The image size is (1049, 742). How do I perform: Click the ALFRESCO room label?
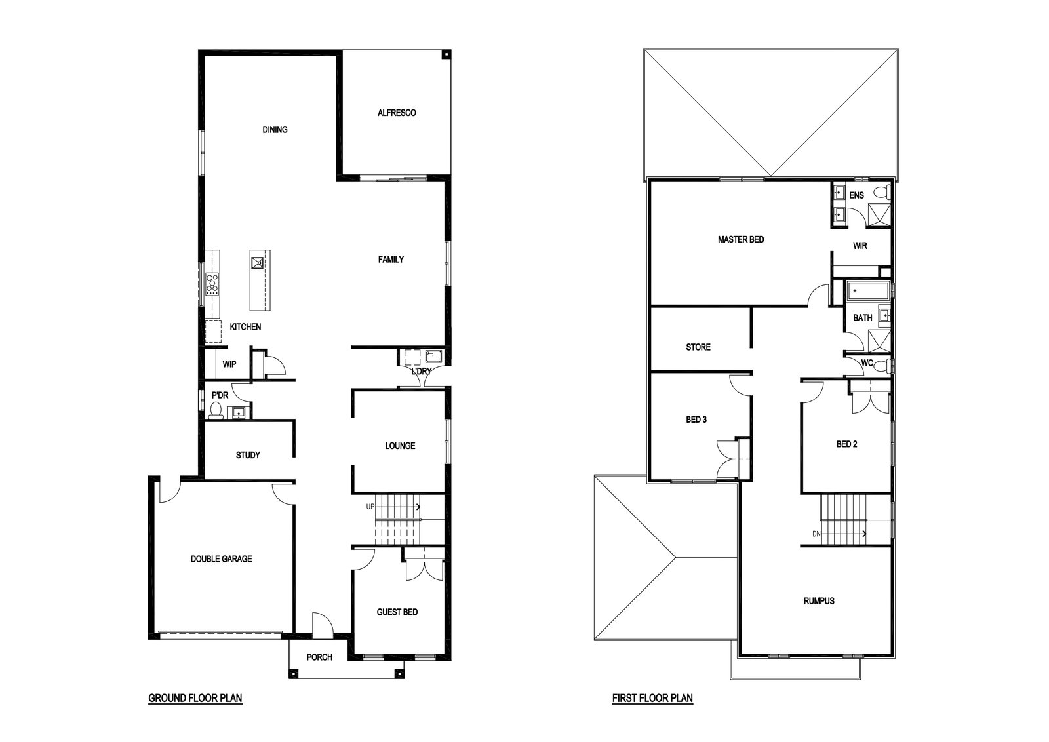(397, 113)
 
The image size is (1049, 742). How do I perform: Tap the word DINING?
(275, 130)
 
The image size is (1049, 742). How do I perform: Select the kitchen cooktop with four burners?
(212, 284)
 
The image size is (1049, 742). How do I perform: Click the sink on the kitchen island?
(258, 263)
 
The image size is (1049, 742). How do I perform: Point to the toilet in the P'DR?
(216, 410)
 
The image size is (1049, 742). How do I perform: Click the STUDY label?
(248, 455)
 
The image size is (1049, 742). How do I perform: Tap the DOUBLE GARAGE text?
(221, 559)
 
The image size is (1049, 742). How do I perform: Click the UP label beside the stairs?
(370, 507)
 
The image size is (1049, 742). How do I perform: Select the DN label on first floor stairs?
(816, 534)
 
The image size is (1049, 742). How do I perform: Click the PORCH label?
(319, 657)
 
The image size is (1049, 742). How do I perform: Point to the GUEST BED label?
(397, 612)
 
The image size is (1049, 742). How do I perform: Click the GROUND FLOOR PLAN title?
(195, 699)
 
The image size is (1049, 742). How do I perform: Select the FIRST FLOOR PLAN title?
(652, 699)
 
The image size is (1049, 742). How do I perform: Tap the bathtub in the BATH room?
(868, 291)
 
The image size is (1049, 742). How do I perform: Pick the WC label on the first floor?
(867, 363)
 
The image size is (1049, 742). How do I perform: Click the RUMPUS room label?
(819, 601)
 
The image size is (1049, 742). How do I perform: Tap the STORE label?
(698, 347)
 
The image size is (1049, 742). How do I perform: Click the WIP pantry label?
(229, 364)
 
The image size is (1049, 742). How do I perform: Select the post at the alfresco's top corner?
(446, 54)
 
